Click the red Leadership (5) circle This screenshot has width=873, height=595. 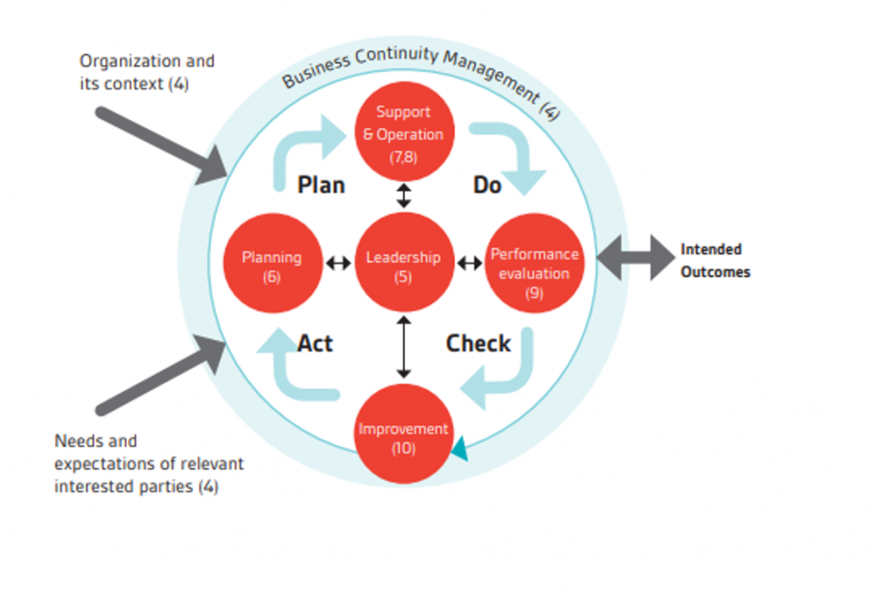(403, 262)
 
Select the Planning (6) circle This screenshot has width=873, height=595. (272, 263)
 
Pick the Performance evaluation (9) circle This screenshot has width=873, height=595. (535, 263)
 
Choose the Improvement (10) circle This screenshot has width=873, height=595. (403, 435)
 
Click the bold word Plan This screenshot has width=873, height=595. (321, 184)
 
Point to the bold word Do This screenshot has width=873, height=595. (487, 184)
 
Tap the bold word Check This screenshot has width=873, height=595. (478, 343)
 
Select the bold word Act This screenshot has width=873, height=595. (315, 343)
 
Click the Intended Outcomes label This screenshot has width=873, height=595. (715, 260)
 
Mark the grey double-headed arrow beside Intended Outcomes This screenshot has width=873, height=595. (636, 256)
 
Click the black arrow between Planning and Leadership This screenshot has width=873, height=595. (338, 263)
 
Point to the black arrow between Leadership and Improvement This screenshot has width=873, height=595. (404, 347)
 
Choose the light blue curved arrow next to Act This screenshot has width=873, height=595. (294, 367)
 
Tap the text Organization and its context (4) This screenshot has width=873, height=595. (147, 73)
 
